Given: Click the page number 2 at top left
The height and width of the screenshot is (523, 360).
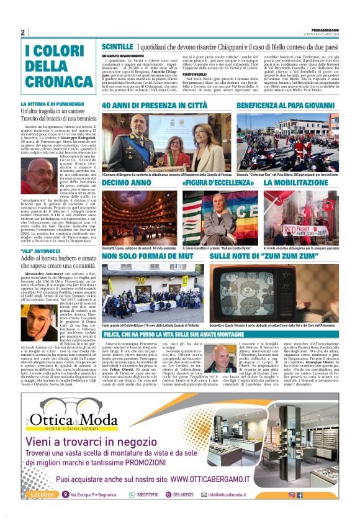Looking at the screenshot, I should [23, 32].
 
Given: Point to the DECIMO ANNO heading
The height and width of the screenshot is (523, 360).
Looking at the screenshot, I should [126, 183].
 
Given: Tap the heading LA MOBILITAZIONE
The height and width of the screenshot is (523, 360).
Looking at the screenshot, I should [296, 183].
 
